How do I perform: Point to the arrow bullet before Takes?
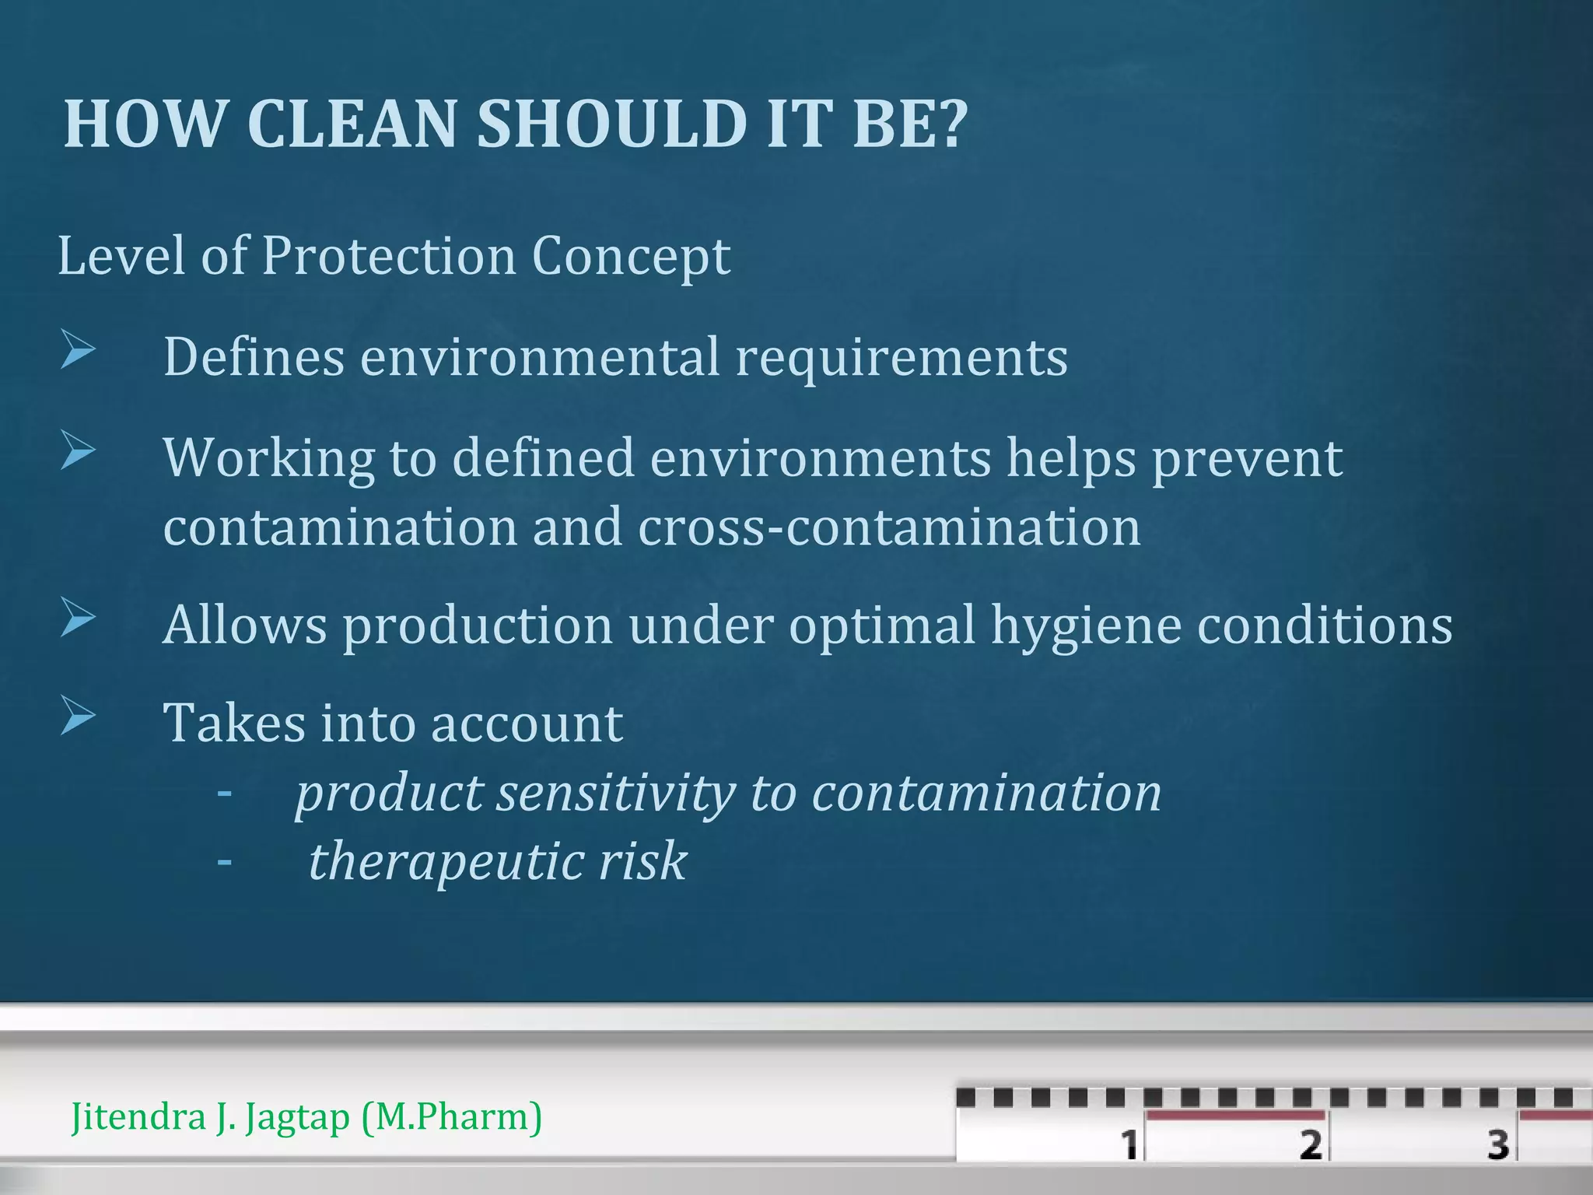coord(78,717)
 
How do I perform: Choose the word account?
coord(527,724)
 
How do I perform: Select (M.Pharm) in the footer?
coord(451,1118)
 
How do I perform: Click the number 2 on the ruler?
coord(1310,1144)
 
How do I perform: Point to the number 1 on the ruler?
coord(1129,1144)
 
